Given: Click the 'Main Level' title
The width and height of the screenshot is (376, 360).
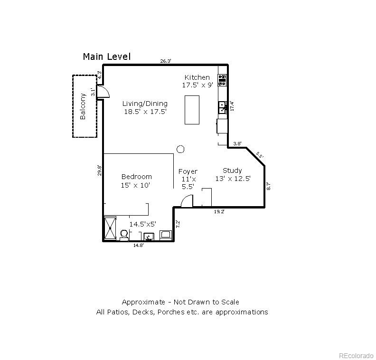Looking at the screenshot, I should pos(106,57).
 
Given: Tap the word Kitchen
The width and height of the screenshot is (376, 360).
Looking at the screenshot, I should pos(197,77).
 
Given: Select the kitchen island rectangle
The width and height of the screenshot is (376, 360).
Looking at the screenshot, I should pos(192,110).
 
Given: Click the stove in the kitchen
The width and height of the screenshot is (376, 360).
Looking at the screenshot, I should pos(222,80).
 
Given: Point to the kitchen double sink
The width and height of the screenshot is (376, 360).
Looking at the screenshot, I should pos(222,108).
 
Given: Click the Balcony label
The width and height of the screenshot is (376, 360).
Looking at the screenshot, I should pos(83,106).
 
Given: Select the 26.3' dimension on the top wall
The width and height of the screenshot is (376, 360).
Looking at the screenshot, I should pos(165,61).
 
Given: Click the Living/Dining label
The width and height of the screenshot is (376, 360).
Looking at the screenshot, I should pos(145,104).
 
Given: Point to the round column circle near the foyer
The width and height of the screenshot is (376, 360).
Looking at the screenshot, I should pos(180,149).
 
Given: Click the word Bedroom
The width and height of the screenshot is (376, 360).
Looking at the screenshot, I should pos(136,177).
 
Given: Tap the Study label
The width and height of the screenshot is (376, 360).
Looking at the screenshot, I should pos(232,171).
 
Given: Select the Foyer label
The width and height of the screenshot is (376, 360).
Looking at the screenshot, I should pos(188,171).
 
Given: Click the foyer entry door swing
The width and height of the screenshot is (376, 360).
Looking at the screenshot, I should pos(186,202).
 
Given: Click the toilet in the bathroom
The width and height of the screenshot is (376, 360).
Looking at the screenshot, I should pos(124,235).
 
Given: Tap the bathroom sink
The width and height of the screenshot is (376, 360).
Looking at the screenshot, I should pos(149,236).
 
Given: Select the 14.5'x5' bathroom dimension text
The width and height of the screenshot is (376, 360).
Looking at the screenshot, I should pos(143,224).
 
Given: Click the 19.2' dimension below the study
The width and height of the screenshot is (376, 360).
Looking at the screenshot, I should pos(219,212).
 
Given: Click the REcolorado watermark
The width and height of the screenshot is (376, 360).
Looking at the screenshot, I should pos(356,354).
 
